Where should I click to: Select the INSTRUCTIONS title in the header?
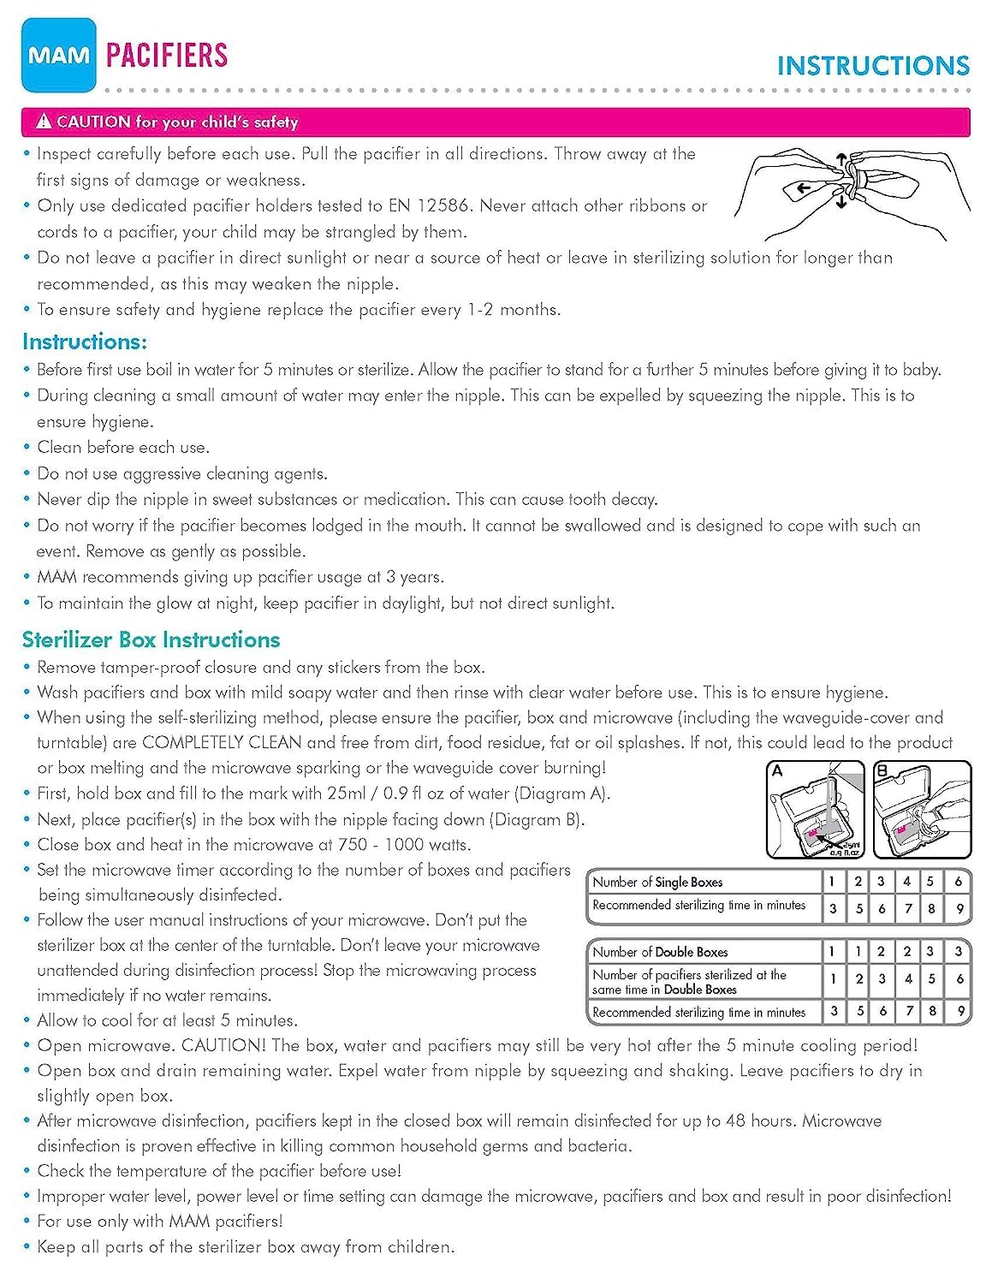(873, 66)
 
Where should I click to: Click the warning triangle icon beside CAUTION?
(44, 122)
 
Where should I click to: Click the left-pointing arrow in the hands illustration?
(803, 189)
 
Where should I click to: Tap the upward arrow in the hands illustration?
(841, 160)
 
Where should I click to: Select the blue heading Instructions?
(85, 342)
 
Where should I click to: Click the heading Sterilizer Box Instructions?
(151, 639)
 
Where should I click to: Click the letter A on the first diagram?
(777, 770)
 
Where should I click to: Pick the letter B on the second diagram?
(882, 770)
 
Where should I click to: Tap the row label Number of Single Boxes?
(657, 882)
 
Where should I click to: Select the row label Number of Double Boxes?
(660, 952)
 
